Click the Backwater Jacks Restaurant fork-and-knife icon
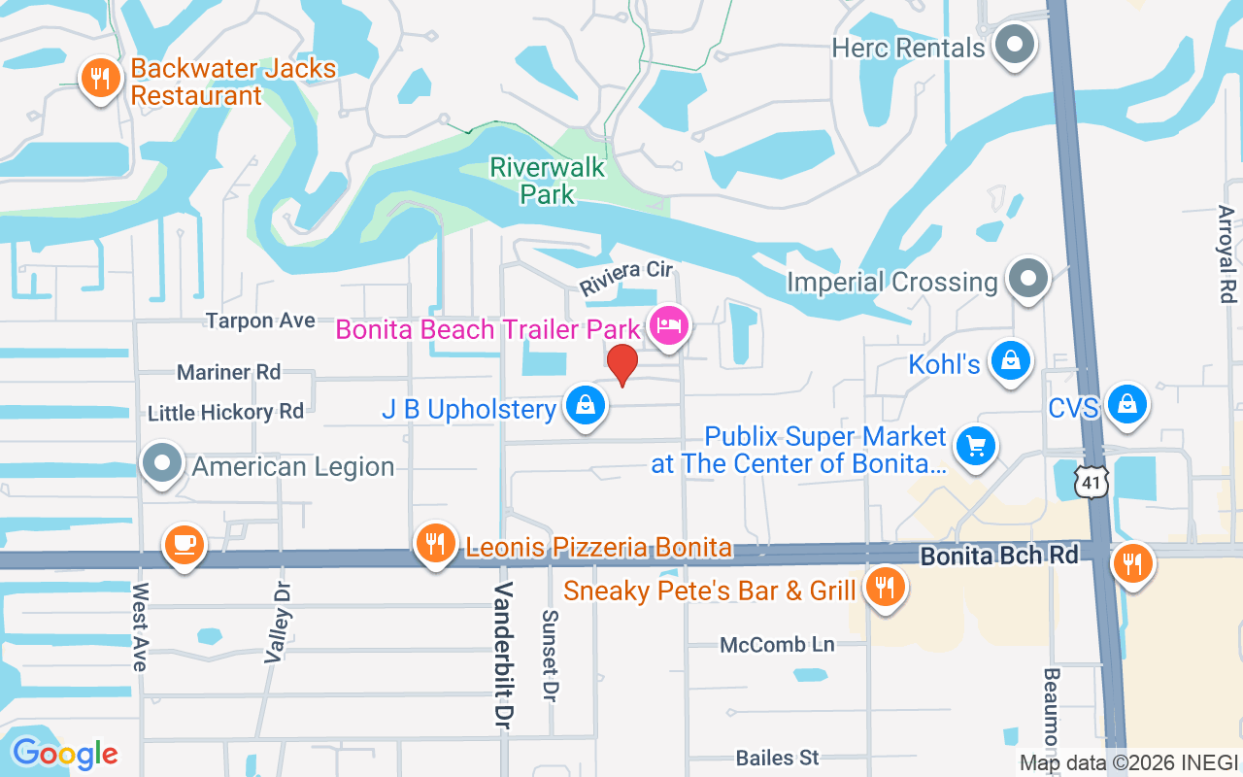99,78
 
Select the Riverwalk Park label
548,181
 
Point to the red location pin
621,364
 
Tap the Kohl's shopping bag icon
1011,360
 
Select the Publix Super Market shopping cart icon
976,446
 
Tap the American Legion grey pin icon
162,463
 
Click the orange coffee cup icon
183,544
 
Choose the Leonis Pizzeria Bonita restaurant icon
435,544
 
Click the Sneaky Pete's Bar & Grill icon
884,587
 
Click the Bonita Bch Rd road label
999,556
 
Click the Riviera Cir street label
626,278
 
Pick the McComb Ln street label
777,645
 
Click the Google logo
64,753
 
